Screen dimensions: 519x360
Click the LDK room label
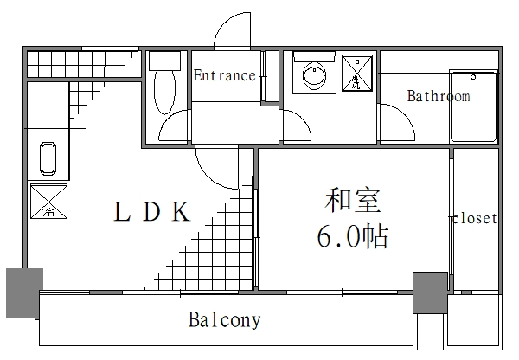point(152,213)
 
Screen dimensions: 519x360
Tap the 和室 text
point(352,202)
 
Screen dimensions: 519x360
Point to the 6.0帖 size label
point(352,236)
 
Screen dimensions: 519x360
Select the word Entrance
point(224,76)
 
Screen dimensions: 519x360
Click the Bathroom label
point(439,96)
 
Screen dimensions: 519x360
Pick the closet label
point(475,219)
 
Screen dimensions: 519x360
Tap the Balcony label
point(224,320)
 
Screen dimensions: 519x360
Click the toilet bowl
point(163,91)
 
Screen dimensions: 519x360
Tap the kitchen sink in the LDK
point(48,161)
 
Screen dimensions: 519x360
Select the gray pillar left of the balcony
point(23,292)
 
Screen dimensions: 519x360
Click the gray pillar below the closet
point(430,292)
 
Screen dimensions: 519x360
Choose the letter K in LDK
point(180,213)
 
